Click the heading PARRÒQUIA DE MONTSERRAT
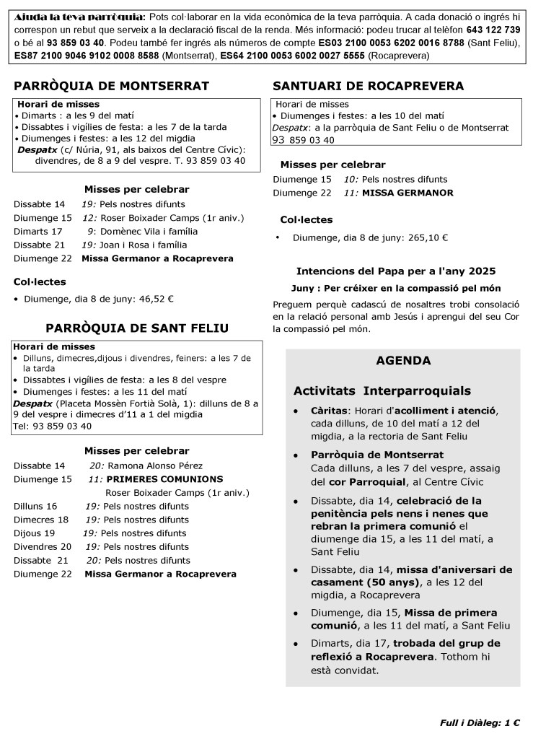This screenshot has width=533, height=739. (112, 87)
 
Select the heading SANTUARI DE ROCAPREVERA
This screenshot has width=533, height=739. (368, 87)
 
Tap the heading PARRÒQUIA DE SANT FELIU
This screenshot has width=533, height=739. (137, 328)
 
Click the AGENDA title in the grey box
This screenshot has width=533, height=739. (403, 361)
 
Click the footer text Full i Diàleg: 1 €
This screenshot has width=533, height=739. (480, 722)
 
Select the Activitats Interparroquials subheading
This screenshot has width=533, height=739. (382, 390)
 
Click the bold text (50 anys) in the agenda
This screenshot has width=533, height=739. (395, 582)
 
